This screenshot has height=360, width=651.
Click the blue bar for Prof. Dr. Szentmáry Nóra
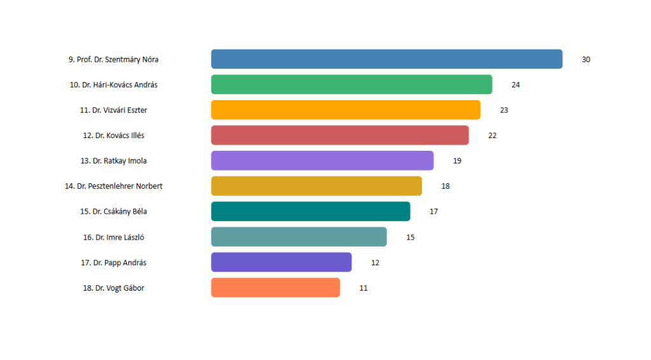click(x=387, y=59)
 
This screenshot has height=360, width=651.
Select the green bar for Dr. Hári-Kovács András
click(x=352, y=85)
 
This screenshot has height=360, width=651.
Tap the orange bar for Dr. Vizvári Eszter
click(x=346, y=109)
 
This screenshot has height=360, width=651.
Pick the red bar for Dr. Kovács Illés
click(x=340, y=135)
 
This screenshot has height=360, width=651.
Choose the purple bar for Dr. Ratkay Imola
click(x=322, y=160)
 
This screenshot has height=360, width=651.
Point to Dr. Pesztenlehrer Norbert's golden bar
click(x=317, y=186)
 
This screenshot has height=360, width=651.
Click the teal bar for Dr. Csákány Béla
click(x=310, y=211)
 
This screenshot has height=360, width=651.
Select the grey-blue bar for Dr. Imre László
click(x=299, y=237)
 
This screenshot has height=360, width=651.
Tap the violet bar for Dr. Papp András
click(x=281, y=262)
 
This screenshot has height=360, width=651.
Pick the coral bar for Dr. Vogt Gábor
click(x=275, y=287)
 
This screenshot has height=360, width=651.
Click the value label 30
click(x=586, y=59)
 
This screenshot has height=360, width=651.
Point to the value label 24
click(x=516, y=85)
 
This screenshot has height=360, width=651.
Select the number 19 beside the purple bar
click(x=457, y=161)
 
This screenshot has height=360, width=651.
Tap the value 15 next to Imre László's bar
click(x=410, y=237)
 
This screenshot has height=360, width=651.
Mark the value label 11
click(x=363, y=287)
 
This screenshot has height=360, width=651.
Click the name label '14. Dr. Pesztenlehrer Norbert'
click(x=113, y=186)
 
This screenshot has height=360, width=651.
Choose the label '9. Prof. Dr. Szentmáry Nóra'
click(x=113, y=59)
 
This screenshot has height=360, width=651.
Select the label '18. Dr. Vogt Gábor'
click(x=113, y=287)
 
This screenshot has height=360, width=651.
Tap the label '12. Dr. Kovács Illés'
click(x=113, y=135)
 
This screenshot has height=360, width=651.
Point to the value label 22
click(x=493, y=135)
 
